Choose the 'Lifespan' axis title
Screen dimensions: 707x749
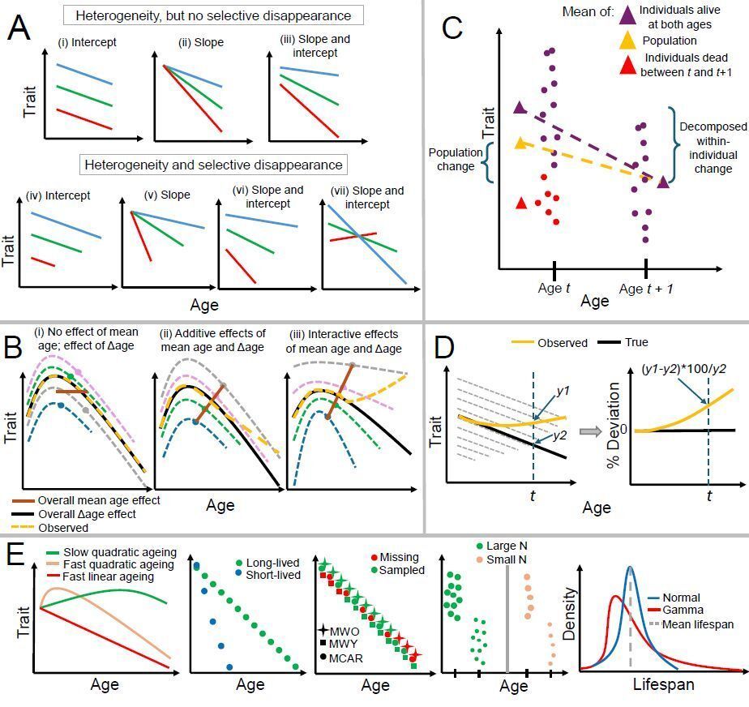(662, 684)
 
